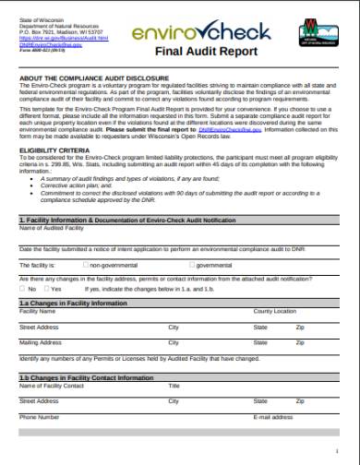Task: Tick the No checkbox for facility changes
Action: coord(22,288)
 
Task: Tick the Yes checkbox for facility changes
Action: coord(45,288)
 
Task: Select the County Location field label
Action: coord(275,312)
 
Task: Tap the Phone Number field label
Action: coord(39,417)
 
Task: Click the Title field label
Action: coord(174,386)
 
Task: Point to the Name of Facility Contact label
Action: coord(52,386)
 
